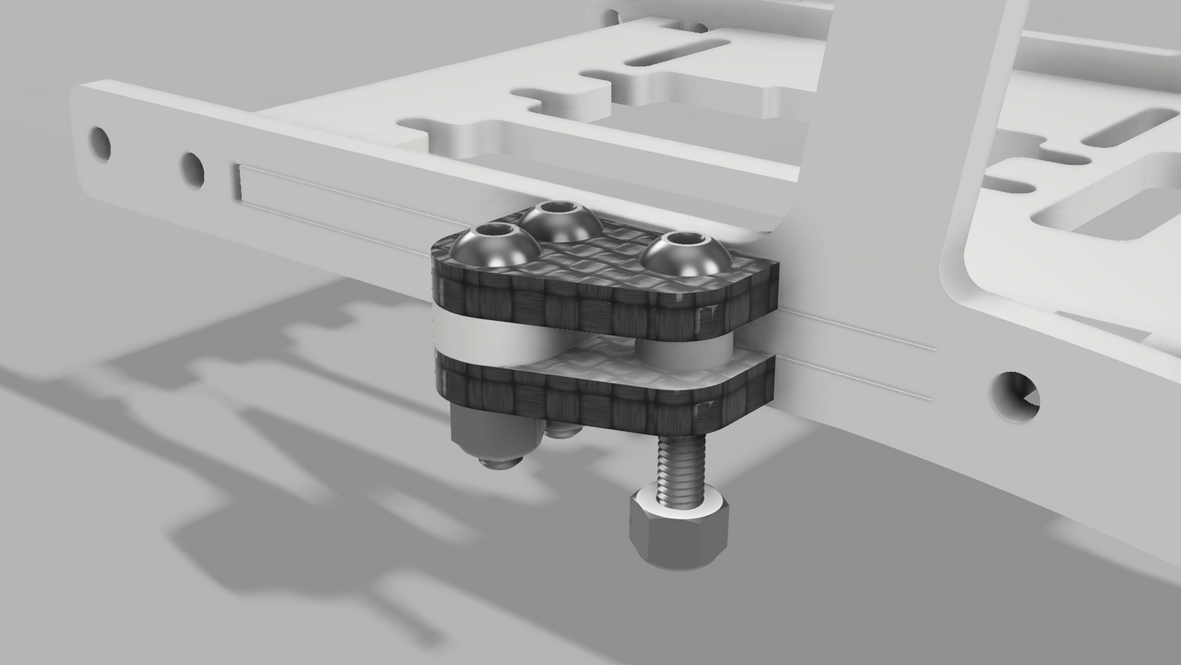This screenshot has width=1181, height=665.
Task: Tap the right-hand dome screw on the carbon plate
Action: coord(685,254)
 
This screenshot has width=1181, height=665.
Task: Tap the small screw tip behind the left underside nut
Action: coord(561,430)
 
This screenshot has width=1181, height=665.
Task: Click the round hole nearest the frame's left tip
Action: coord(101,144)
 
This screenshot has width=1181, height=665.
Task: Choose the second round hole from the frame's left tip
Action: coord(192,170)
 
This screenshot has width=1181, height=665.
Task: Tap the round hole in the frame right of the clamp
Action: coord(1015,398)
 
